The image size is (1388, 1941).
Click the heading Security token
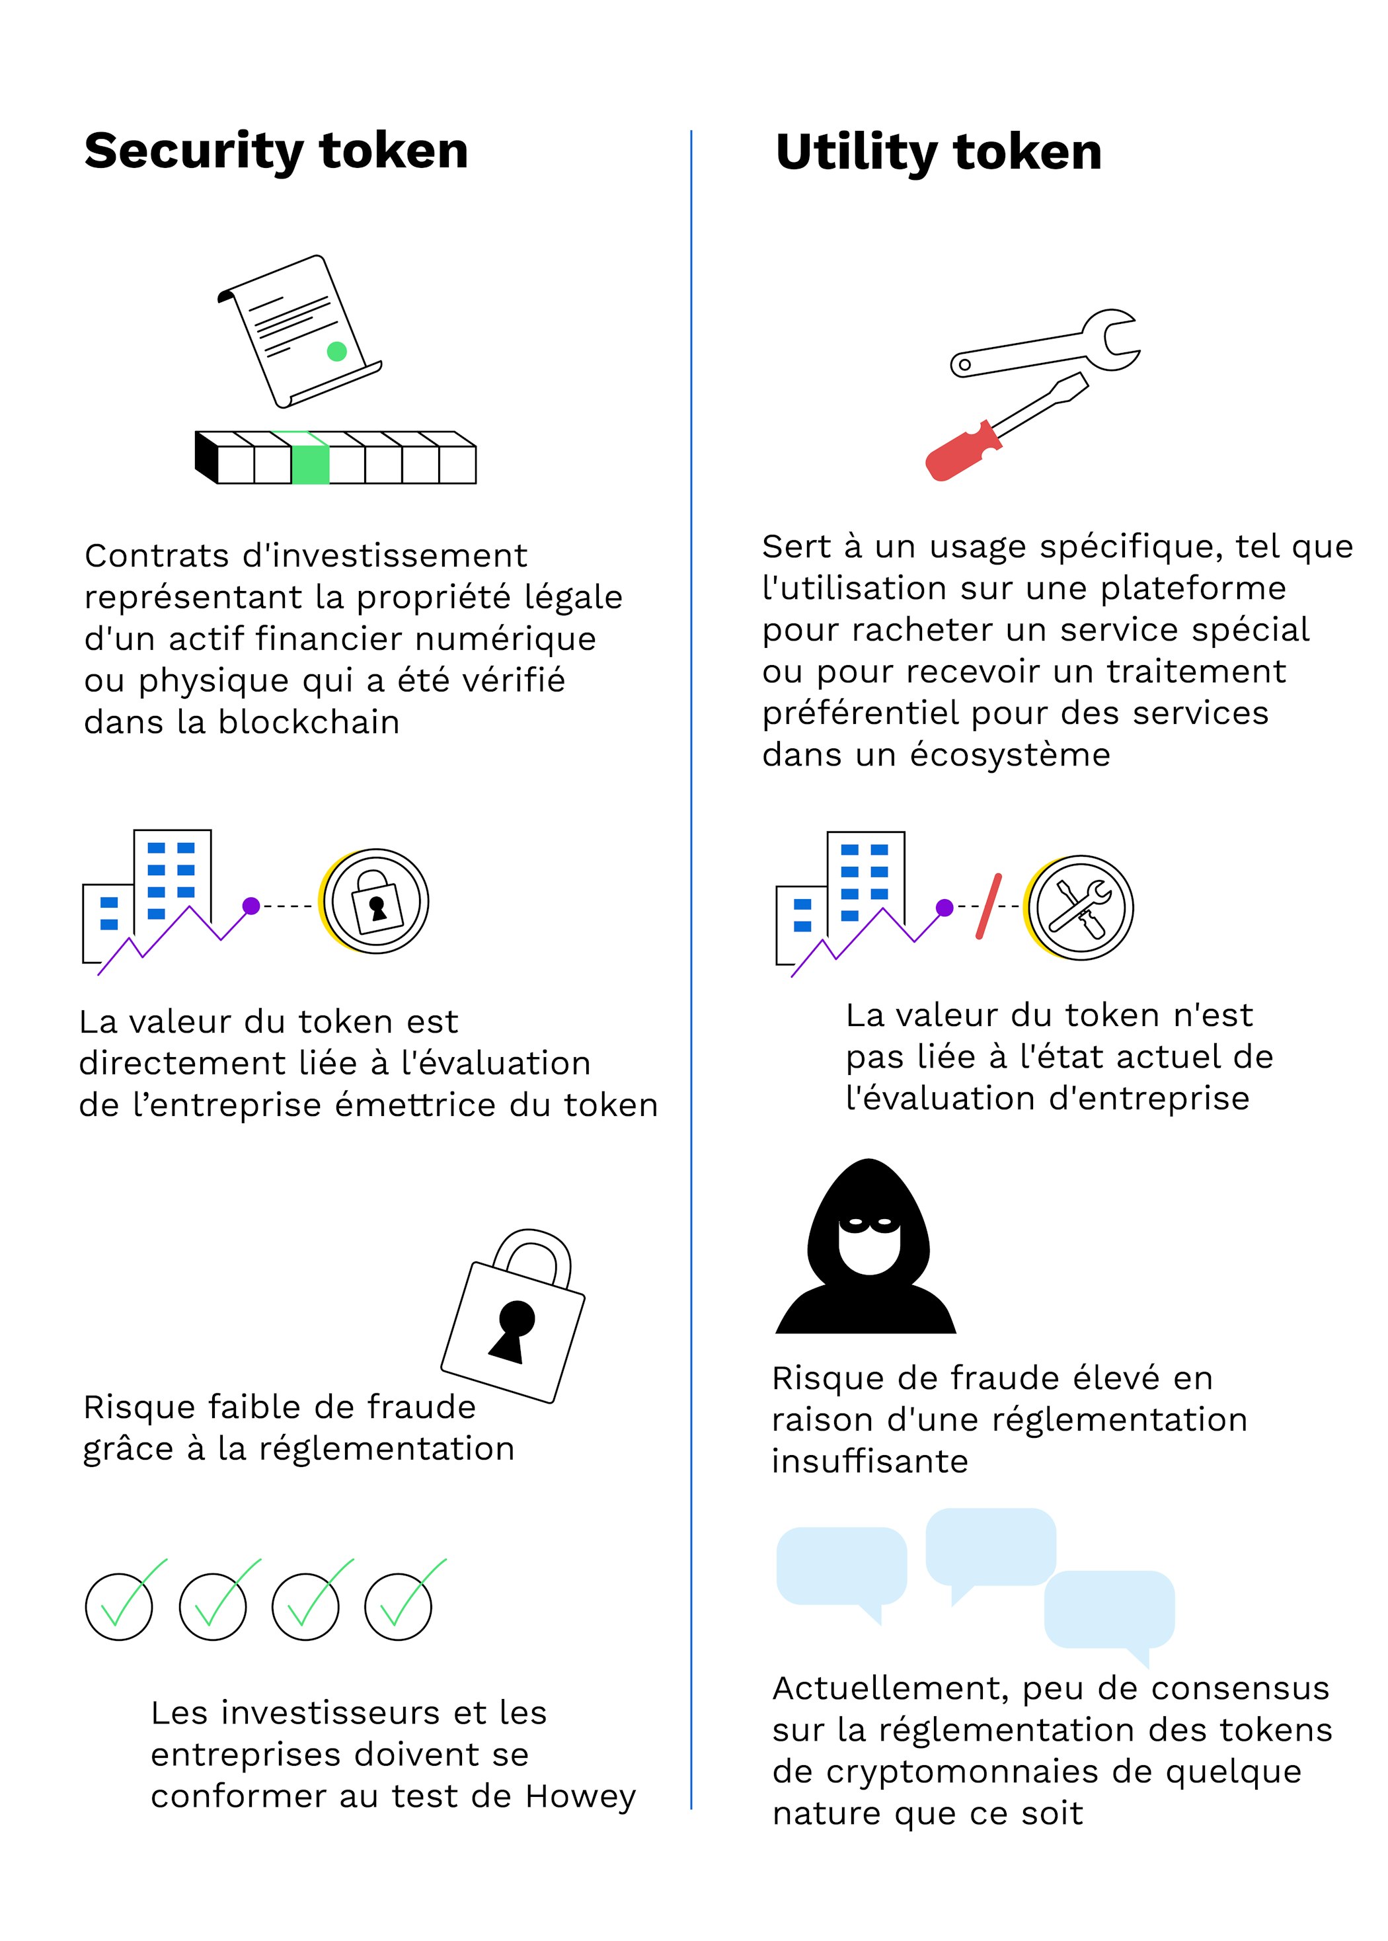[x=276, y=152]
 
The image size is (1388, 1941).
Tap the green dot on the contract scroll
[x=336, y=351]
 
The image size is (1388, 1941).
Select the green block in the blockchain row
[x=310, y=459]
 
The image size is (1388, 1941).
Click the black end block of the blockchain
[x=206, y=457]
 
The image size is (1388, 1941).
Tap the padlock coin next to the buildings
[x=374, y=901]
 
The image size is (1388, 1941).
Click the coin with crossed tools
[x=1079, y=908]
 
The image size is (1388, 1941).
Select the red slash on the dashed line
[x=989, y=906]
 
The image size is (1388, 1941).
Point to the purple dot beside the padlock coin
[x=251, y=906]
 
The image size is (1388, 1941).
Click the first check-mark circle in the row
[x=119, y=1607]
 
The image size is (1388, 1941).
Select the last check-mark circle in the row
[x=399, y=1607]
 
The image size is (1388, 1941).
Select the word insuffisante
[x=870, y=1462]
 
